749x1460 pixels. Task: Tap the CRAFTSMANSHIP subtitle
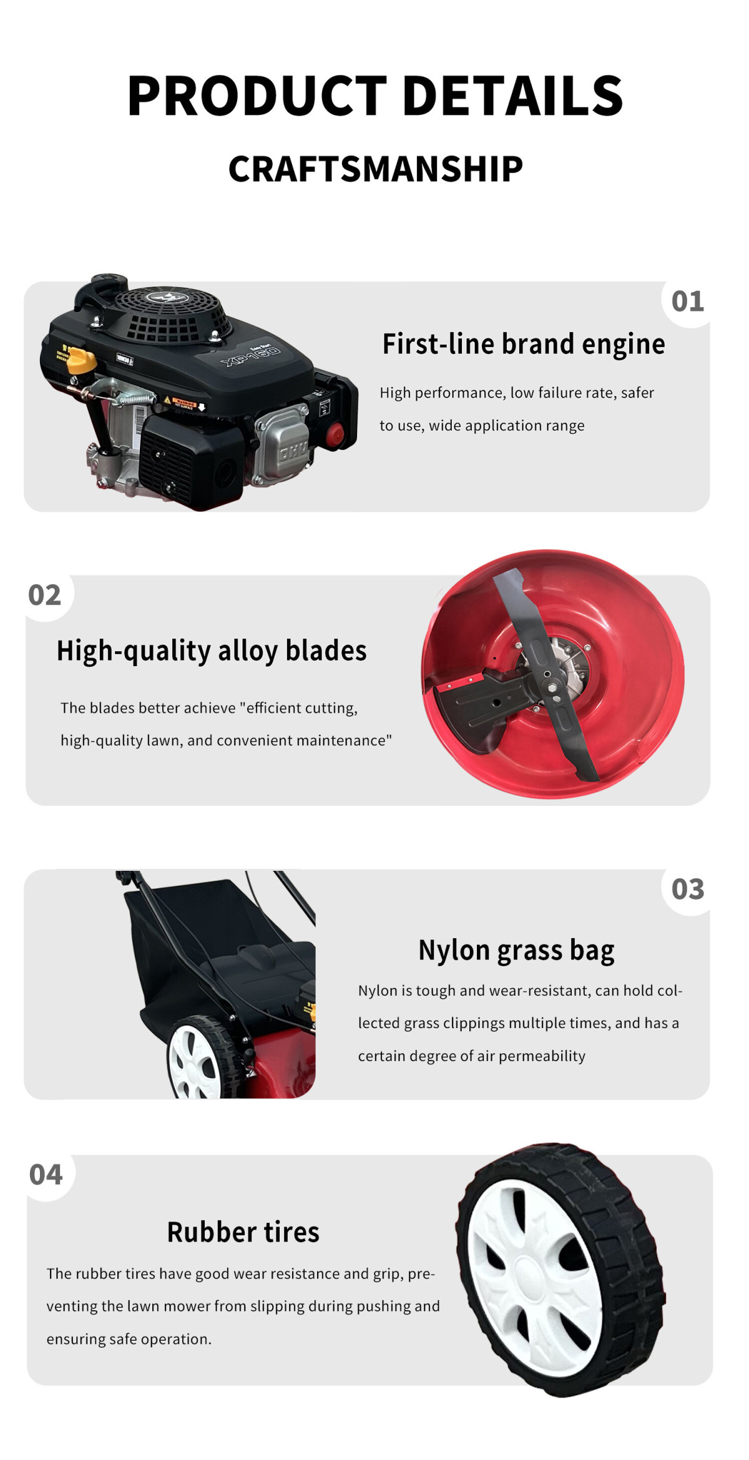pos(375,169)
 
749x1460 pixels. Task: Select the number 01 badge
pos(687,301)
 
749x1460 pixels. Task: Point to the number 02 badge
pos(45,595)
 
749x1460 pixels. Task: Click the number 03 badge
pos(687,889)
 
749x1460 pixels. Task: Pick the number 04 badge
pos(46,1175)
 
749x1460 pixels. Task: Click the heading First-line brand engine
pos(523,344)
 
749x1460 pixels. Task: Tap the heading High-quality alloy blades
pos(212,650)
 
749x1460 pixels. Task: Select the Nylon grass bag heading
pos(516,950)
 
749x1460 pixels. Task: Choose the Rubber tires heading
pos(243,1232)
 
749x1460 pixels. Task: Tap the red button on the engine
pos(336,435)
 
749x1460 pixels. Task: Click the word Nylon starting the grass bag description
pos(377,991)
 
